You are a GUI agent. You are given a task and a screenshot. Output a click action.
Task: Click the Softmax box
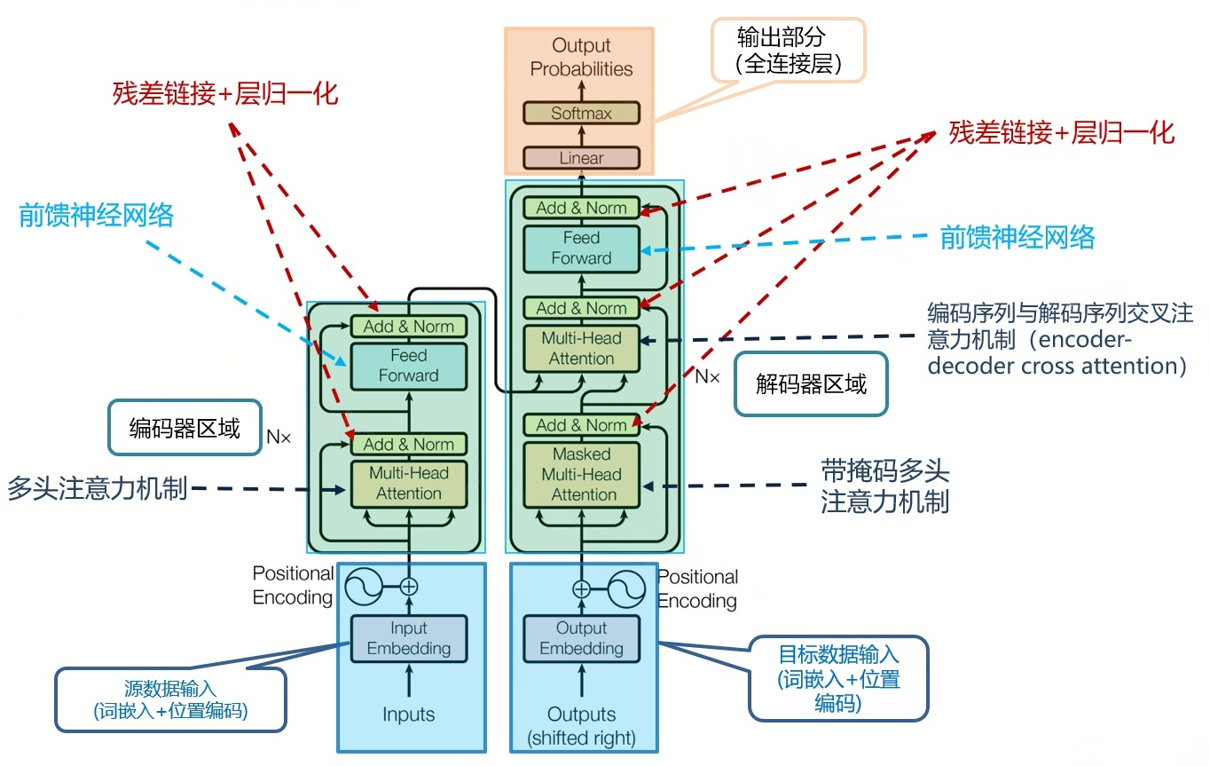(581, 114)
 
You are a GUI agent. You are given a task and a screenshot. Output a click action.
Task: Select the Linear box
(581, 158)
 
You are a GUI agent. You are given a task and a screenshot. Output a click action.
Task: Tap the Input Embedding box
(408, 638)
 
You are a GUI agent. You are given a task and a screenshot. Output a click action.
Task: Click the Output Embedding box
(581, 638)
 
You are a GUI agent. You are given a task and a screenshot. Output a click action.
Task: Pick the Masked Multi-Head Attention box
(581, 474)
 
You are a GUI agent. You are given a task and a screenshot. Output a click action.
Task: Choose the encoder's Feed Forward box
(408, 365)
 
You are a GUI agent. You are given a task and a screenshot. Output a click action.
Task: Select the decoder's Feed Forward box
(581, 249)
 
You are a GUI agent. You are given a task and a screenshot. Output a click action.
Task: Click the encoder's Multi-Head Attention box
(408, 483)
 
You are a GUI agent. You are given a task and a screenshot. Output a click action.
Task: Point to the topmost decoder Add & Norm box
(581, 208)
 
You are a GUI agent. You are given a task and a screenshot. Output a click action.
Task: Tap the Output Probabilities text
(581, 57)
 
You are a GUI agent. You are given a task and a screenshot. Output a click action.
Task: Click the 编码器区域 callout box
(185, 430)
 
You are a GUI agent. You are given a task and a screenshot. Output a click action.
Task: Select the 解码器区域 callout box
(811, 384)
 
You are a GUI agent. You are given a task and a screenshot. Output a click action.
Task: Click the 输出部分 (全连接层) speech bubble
(788, 50)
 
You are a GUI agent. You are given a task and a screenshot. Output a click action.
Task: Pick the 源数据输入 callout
(170, 699)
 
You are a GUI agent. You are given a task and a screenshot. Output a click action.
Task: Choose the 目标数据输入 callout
(838, 679)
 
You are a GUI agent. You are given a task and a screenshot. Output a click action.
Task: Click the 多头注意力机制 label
(98, 489)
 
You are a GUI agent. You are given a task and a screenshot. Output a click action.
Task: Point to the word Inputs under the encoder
(408, 715)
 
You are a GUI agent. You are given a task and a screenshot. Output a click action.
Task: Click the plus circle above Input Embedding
(408, 587)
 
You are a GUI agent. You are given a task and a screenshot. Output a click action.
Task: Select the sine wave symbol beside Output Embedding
(625, 588)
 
